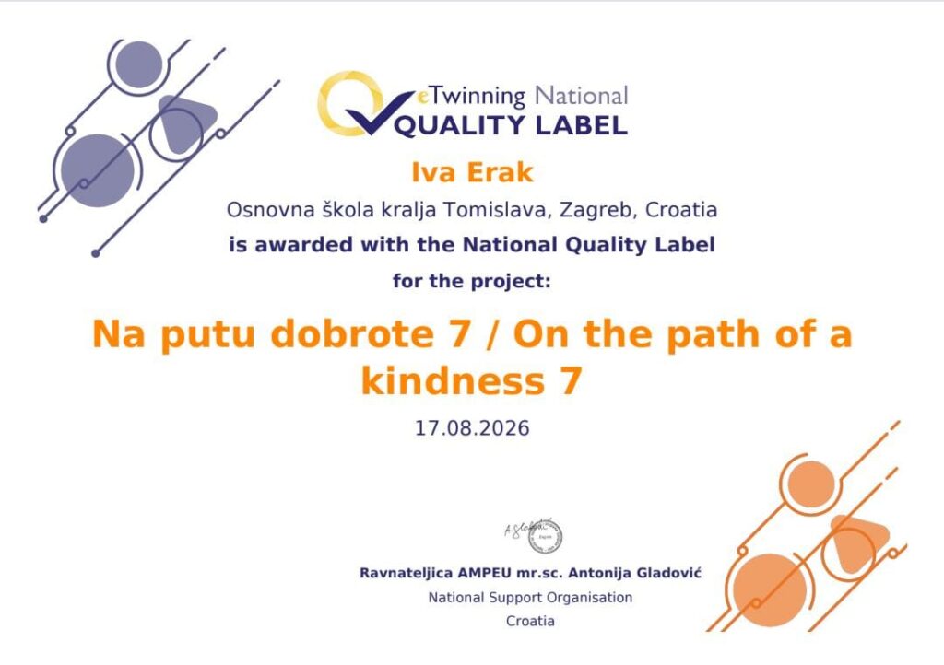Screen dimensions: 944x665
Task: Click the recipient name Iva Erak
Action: pos(472,172)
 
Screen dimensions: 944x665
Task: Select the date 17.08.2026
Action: pos(472,428)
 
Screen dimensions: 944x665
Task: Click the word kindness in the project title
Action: pos(452,381)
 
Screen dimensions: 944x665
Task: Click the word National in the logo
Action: pos(581,96)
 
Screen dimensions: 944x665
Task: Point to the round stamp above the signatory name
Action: pos(546,536)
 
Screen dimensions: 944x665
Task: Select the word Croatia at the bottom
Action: pos(530,621)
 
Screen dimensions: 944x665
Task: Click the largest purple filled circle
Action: pos(98,170)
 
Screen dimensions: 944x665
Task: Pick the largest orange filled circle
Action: pos(770,589)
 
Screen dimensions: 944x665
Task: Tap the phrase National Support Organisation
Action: pos(530,598)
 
